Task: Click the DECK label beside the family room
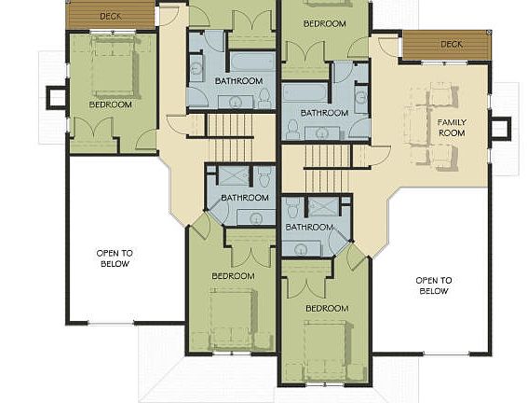[x=452, y=44]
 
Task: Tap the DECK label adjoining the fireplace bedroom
[x=111, y=16]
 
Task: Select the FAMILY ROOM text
[x=451, y=127]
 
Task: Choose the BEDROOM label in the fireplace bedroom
[x=110, y=104]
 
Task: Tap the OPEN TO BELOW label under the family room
[x=432, y=285]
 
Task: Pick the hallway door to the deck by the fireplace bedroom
[x=171, y=14]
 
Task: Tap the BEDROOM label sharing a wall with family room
[x=325, y=23]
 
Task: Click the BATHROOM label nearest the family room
[x=324, y=113]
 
